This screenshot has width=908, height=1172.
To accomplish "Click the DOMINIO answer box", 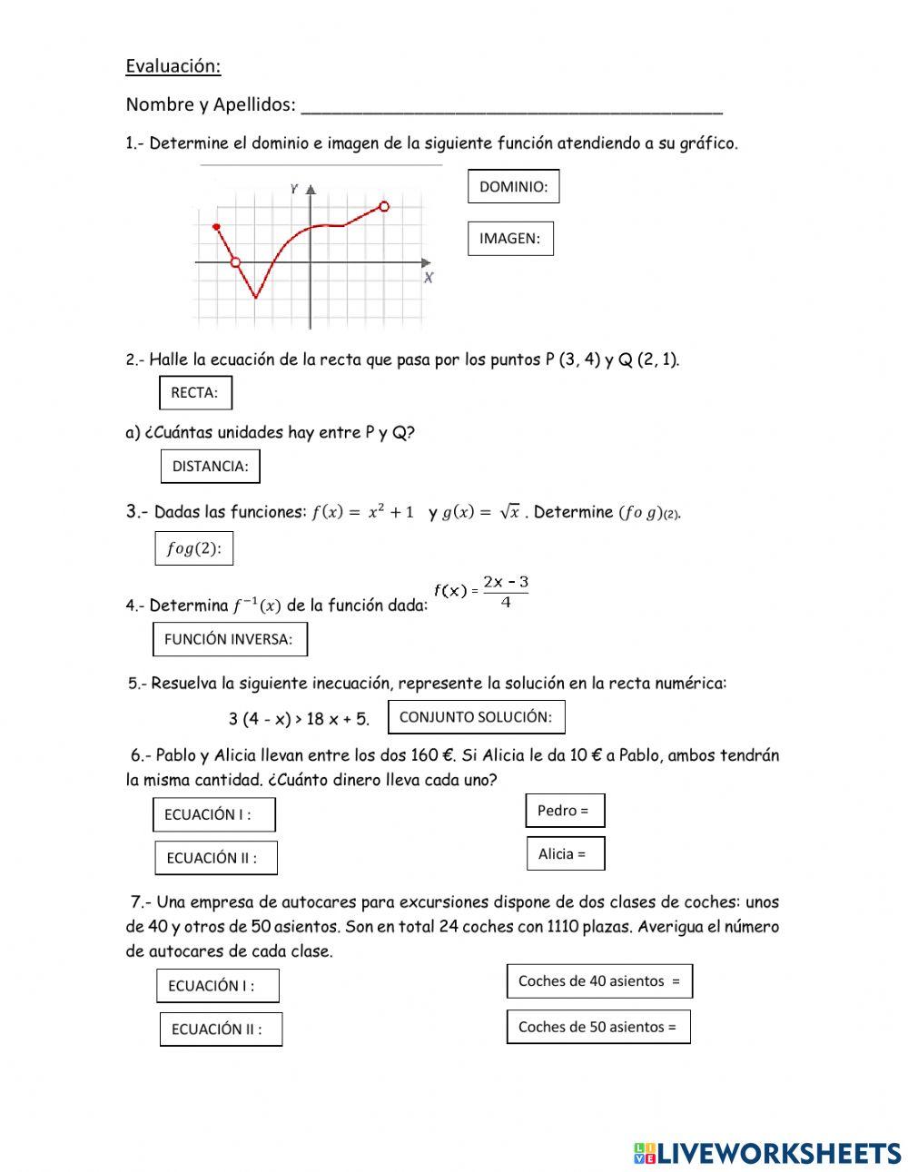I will click(x=513, y=186).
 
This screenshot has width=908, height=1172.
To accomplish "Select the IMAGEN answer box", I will click(x=510, y=239).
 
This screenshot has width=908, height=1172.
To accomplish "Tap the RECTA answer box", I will click(x=195, y=393).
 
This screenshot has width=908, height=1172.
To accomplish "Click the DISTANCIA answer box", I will click(x=210, y=467).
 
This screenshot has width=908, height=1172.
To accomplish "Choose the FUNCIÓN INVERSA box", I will click(x=230, y=639).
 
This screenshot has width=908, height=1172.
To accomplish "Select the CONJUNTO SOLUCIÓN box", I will click(x=476, y=717).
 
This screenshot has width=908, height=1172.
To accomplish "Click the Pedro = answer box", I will click(x=565, y=811).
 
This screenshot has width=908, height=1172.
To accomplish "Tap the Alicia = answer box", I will click(x=565, y=853).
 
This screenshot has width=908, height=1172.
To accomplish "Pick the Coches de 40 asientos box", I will click(x=599, y=980).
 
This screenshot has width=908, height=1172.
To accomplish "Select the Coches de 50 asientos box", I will click(x=598, y=1027).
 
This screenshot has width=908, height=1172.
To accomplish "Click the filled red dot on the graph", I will click(x=216, y=226).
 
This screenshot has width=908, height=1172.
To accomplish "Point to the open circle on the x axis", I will click(x=236, y=262).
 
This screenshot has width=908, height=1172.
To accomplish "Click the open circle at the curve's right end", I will click(x=384, y=207).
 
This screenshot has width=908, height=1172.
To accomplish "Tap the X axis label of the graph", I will click(x=429, y=278).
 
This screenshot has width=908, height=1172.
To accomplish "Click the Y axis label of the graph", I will click(x=294, y=188).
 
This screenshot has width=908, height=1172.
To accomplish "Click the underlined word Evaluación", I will click(x=173, y=66).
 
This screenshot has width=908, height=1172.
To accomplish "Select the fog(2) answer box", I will click(x=193, y=548).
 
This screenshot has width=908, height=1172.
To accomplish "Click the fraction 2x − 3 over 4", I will click(x=506, y=592).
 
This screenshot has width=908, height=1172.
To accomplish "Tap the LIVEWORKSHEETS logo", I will click(x=767, y=1153).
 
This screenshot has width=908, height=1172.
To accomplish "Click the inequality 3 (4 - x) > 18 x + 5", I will click(x=299, y=719).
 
